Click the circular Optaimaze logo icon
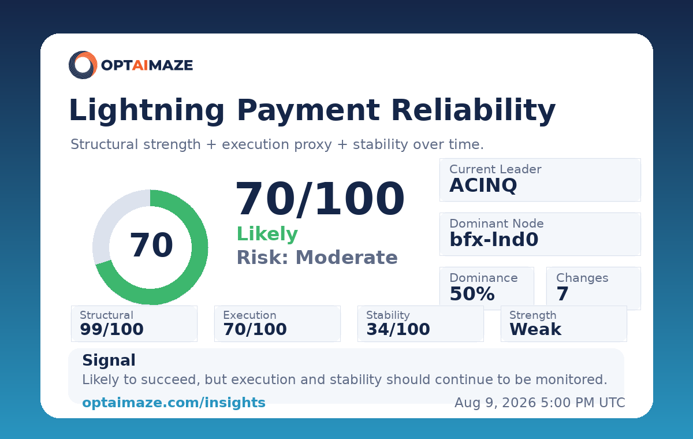(83, 65)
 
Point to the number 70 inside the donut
(151, 245)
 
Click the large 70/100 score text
(320, 198)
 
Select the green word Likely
(267, 234)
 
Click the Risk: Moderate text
(317, 258)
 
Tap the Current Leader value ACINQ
(483, 185)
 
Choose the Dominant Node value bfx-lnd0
(494, 240)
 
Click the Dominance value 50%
(472, 293)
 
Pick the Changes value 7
(562, 293)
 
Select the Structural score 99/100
(111, 329)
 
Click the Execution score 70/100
(255, 329)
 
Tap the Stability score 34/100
(398, 329)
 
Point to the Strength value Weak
(535, 329)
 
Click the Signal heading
(109, 360)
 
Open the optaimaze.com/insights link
(174, 403)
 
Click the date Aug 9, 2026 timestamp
(540, 403)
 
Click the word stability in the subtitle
(380, 144)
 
